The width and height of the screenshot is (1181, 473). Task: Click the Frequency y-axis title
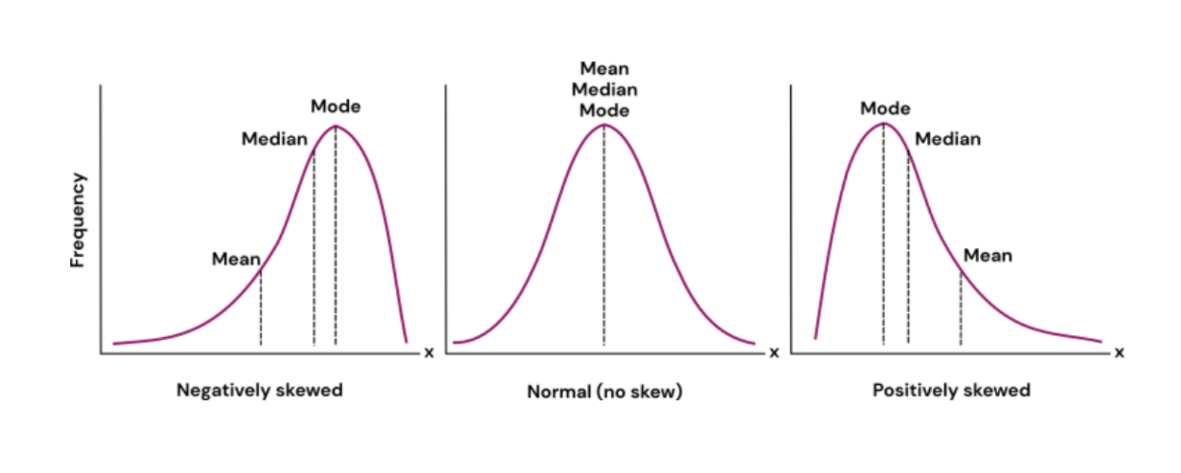click(x=77, y=220)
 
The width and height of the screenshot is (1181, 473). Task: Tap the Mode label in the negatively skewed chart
click(x=336, y=106)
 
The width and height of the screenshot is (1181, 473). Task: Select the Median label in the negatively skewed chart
click(x=274, y=139)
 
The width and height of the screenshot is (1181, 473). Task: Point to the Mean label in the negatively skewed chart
click(x=236, y=259)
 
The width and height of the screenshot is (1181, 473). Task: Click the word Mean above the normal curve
click(x=604, y=69)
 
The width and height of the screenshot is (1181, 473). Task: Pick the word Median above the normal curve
click(x=604, y=90)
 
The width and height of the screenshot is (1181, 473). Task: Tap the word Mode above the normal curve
click(x=604, y=111)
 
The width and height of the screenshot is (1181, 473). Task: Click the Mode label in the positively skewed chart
click(x=885, y=108)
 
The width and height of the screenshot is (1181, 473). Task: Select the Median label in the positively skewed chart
click(x=947, y=139)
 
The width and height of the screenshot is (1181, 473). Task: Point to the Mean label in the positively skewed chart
click(x=988, y=255)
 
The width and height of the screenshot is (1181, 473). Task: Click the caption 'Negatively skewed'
click(x=260, y=391)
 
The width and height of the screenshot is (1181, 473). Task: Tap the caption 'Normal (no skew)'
click(x=604, y=392)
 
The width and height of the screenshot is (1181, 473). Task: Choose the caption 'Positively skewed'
click(x=951, y=391)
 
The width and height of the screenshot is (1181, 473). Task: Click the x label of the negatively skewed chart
click(x=429, y=353)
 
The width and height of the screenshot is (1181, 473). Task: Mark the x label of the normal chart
click(x=774, y=353)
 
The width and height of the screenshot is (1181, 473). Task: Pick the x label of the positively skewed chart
click(x=1119, y=353)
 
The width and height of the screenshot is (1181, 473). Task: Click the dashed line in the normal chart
click(x=604, y=239)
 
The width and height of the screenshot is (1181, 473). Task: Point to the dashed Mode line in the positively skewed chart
click(x=884, y=239)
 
